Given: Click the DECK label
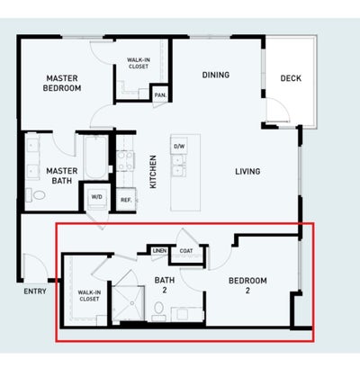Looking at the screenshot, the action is (x=291, y=78).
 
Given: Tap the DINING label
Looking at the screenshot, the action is (x=216, y=75).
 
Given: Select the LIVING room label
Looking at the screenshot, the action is (x=247, y=172).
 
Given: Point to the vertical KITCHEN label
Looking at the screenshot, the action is (x=153, y=172).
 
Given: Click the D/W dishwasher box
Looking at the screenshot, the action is (x=179, y=147).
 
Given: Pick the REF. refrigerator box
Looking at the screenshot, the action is (x=126, y=200).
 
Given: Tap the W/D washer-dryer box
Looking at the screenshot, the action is (x=96, y=197).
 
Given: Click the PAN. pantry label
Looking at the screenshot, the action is (x=160, y=95).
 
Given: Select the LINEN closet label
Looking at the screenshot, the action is (x=159, y=250).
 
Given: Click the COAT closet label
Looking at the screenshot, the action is (x=186, y=251).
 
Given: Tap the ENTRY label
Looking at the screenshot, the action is (x=35, y=292).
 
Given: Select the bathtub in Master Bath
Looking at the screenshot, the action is (x=96, y=157).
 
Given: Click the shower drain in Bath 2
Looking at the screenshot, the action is (x=131, y=303).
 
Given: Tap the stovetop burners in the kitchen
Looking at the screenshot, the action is (x=125, y=161).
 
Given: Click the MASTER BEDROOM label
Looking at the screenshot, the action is (x=62, y=83).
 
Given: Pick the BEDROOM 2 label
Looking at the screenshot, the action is (x=247, y=285).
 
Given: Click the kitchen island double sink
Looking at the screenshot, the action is (x=178, y=166).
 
